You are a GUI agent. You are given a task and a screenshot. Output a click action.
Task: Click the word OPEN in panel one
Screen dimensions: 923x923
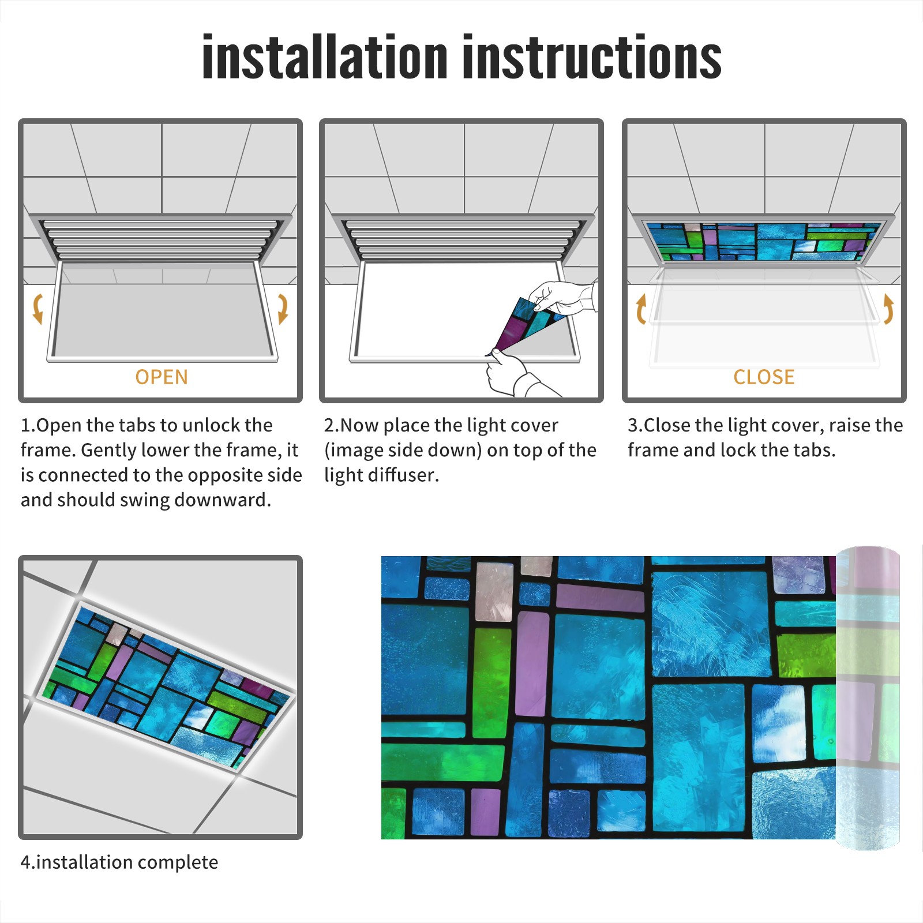pyautogui.click(x=162, y=377)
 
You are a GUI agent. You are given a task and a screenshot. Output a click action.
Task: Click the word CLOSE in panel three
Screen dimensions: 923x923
pyautogui.click(x=764, y=377)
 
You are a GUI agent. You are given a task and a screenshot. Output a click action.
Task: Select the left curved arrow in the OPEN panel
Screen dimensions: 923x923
pyautogui.click(x=38, y=309)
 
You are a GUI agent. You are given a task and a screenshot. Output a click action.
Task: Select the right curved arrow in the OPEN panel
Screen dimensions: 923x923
pyautogui.click(x=283, y=309)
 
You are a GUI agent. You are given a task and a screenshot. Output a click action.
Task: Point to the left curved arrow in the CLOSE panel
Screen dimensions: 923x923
pyautogui.click(x=641, y=309)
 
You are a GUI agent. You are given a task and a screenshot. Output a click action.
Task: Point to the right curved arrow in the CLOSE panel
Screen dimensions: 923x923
pyautogui.click(x=888, y=309)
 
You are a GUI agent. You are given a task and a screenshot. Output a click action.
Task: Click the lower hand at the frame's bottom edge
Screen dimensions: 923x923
pyautogui.click(x=516, y=375)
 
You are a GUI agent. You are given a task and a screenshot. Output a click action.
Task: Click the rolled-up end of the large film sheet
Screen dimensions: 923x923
pyautogui.click(x=868, y=698)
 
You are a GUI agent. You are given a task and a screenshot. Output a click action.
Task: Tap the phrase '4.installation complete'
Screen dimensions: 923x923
pyautogui.click(x=119, y=862)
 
